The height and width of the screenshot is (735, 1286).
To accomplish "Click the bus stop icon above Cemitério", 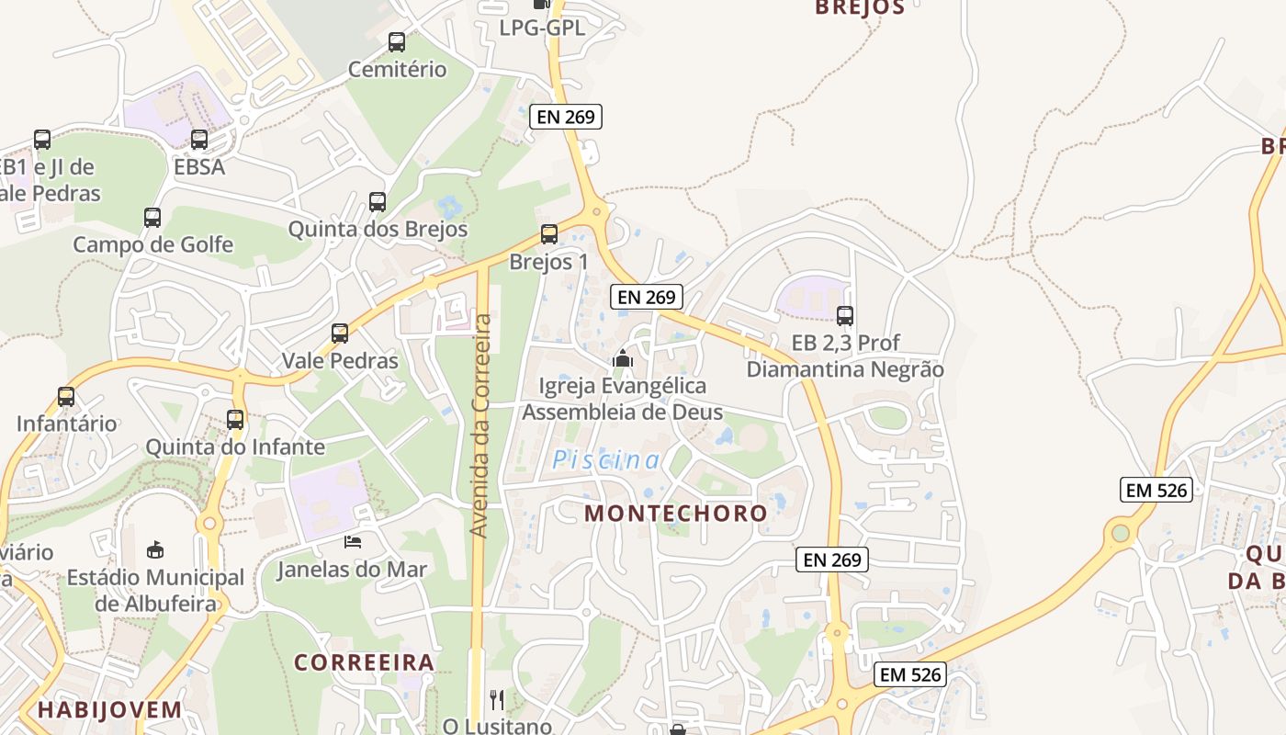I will coord(397,42).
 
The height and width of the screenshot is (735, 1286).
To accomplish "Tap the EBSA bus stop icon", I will coord(199,140).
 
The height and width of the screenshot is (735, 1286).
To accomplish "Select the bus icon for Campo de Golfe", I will coord(152,218).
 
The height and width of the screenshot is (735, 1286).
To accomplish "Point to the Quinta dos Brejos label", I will coord(378,229).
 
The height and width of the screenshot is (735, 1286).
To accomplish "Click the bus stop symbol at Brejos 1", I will coord(549,234).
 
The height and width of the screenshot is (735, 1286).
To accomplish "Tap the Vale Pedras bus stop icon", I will coord(340,334).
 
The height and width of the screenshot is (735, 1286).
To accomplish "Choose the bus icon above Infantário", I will coord(66,397).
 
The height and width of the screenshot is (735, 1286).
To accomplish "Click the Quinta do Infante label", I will coord(235,447).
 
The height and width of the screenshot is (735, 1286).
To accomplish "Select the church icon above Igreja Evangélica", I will coord(623,358).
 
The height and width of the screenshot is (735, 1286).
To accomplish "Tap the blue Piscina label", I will coord(606,460).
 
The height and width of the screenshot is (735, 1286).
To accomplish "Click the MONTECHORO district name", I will coord(675,513).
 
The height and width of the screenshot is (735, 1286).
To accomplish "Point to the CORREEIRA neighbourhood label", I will coord(364,662).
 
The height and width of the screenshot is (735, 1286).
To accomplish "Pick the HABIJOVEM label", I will coord(109,709).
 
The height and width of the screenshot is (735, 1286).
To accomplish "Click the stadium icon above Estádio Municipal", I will coord(155,549).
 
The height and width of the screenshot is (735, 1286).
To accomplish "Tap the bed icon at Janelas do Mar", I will coord(353,542).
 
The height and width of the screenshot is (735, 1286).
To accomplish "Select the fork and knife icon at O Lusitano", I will coord(497,700).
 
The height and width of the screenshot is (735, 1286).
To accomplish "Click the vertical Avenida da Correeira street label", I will coord(480,425).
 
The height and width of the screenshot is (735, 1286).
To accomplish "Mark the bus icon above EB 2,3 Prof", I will coord(845,316).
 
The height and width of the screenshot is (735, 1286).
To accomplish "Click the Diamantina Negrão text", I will coord(845,369).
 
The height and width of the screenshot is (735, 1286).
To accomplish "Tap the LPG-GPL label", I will coord(542,28).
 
